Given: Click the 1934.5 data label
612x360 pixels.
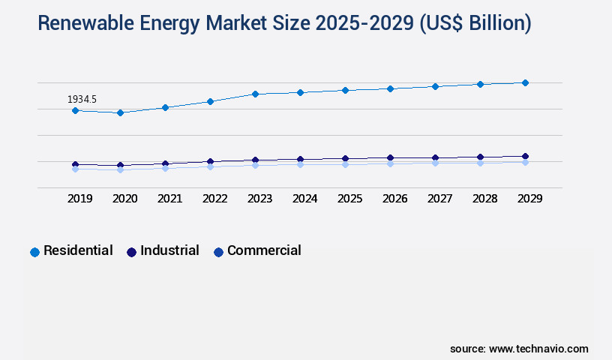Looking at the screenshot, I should point(82,99).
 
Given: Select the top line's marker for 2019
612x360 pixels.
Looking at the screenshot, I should point(75,110).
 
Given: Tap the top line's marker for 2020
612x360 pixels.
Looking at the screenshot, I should point(120,112).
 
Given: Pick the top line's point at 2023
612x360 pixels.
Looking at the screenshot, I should point(255,94).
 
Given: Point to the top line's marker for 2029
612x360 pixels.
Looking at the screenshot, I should point(525,82).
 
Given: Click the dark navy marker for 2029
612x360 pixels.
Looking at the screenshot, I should point(525,156).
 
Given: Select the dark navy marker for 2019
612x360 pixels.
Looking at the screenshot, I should point(75,164).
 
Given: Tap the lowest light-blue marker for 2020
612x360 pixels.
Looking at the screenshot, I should point(120,170).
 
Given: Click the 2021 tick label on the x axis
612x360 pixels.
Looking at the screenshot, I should point(169,199).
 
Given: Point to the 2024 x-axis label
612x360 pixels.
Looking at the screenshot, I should point(304,199).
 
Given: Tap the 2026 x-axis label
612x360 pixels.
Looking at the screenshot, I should point(394,199).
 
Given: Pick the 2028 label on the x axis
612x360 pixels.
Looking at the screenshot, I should point(484,199).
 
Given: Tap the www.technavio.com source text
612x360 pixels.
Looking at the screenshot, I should point(538,349).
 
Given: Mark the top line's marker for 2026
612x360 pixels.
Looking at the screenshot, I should point(390,88).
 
